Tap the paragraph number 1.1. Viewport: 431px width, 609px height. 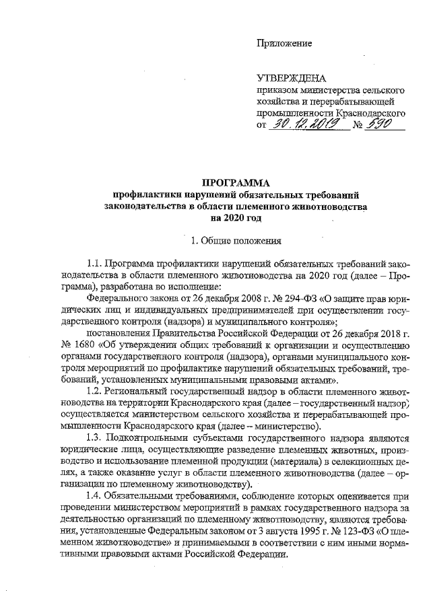[96, 264]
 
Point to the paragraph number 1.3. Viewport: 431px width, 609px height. [96, 437]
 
